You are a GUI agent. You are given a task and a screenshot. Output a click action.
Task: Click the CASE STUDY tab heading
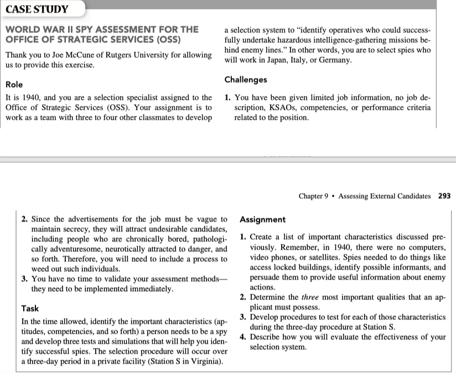pyautogui.click(x=37, y=9)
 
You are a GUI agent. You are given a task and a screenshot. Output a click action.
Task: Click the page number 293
pyautogui.click(x=444, y=196)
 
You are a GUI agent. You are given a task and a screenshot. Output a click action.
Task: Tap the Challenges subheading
pyautogui.click(x=246, y=80)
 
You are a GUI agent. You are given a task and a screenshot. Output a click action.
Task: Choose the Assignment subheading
pyautogui.click(x=263, y=220)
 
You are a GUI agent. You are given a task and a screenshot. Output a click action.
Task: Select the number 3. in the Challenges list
pyautogui.click(x=25, y=279)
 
